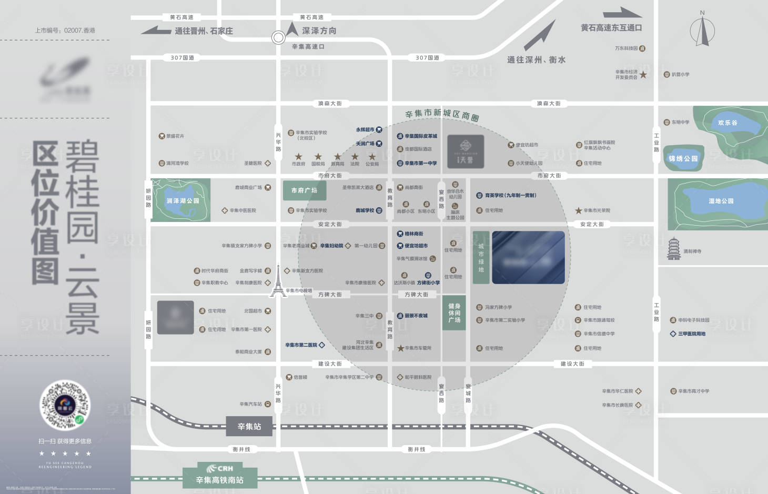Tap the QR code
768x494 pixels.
point(65,405)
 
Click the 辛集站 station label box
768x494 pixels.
point(249,426)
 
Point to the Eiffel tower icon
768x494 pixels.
point(278,282)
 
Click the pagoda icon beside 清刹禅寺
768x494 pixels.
point(673,249)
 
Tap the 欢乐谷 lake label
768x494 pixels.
point(727,123)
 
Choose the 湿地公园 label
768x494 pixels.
point(721,201)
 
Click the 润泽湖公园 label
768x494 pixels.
point(183,200)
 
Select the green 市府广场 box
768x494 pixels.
point(305,190)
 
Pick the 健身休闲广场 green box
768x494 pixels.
point(454,313)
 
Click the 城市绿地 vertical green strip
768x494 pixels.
point(481,258)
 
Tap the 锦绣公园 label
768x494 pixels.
point(683,158)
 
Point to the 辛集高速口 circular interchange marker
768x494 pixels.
point(278,37)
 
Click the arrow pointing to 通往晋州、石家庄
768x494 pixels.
point(156,31)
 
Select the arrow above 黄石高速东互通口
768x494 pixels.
point(622,13)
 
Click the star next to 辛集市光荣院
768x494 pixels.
point(579,210)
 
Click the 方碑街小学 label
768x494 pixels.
point(428,283)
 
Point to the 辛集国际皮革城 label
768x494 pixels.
point(420,136)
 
